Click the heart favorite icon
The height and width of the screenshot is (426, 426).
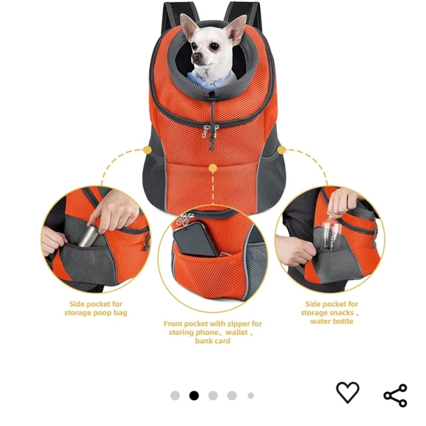click(347, 393)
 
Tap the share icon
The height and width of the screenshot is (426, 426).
click(395, 395)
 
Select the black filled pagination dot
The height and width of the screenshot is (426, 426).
click(194, 395)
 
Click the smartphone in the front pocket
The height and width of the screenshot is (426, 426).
click(194, 239)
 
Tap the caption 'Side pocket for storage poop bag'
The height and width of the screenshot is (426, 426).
click(96, 308)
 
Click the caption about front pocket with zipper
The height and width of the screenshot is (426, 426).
click(212, 332)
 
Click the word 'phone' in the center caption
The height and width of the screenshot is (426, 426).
click(206, 333)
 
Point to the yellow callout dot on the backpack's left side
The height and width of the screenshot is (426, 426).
click(147, 149)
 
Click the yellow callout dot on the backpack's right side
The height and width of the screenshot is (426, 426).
click(281, 149)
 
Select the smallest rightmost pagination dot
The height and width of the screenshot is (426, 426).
click(250, 395)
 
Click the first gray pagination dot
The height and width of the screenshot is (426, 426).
click(175, 395)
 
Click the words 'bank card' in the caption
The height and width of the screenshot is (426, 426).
click(212, 342)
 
